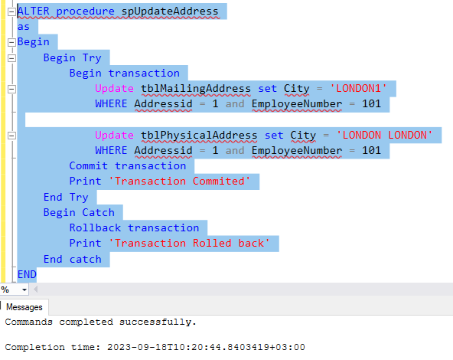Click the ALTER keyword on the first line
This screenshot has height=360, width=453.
[x=33, y=11]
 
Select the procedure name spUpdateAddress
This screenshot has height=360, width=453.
[x=170, y=11]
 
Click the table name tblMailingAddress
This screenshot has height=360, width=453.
[x=196, y=89]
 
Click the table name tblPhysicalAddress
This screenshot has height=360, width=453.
[x=199, y=136]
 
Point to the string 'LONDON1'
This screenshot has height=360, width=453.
[x=358, y=88]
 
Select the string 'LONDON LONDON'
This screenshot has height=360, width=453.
[x=384, y=135]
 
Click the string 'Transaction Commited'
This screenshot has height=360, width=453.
[x=179, y=182]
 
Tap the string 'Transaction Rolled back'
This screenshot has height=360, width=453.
[x=189, y=243]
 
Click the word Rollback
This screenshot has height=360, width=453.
[x=95, y=227]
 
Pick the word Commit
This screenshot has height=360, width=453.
[x=89, y=166]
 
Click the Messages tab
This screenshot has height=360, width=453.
[x=24, y=307]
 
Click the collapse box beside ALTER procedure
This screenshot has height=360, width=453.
[x=11, y=11]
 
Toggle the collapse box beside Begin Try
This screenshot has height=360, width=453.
[x=11, y=58]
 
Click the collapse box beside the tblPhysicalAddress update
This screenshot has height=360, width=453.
[x=11, y=136]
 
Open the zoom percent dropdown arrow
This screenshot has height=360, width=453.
[x=24, y=290]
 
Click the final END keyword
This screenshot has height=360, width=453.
[x=27, y=274]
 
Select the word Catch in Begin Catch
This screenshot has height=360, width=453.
[x=98, y=212]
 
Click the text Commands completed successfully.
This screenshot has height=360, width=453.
[x=100, y=322]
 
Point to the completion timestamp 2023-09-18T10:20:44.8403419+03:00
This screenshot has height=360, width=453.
[x=206, y=347]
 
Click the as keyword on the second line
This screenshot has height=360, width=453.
[x=24, y=27]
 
